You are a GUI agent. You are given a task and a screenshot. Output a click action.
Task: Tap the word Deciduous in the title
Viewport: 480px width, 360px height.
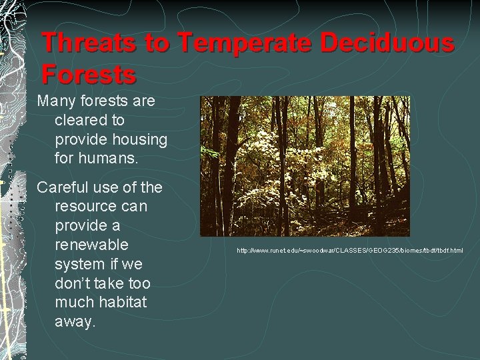click(387, 42)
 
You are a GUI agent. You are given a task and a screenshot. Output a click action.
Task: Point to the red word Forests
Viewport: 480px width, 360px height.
click(89, 73)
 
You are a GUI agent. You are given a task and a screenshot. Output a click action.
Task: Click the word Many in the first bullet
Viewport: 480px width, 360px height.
click(56, 101)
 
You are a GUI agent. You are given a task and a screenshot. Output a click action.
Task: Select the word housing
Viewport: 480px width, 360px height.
click(139, 140)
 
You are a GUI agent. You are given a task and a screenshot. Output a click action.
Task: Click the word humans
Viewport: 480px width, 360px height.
click(109, 158)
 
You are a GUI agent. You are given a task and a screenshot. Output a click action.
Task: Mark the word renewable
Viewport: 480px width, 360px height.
click(91, 245)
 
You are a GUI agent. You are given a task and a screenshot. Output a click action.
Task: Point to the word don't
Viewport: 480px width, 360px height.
click(73, 283)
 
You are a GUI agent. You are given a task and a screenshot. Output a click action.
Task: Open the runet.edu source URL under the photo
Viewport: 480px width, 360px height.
click(350, 251)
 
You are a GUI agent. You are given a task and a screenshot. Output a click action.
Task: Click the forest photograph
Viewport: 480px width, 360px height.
click(305, 166)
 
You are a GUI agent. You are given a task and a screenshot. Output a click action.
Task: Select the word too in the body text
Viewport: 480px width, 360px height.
click(139, 284)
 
